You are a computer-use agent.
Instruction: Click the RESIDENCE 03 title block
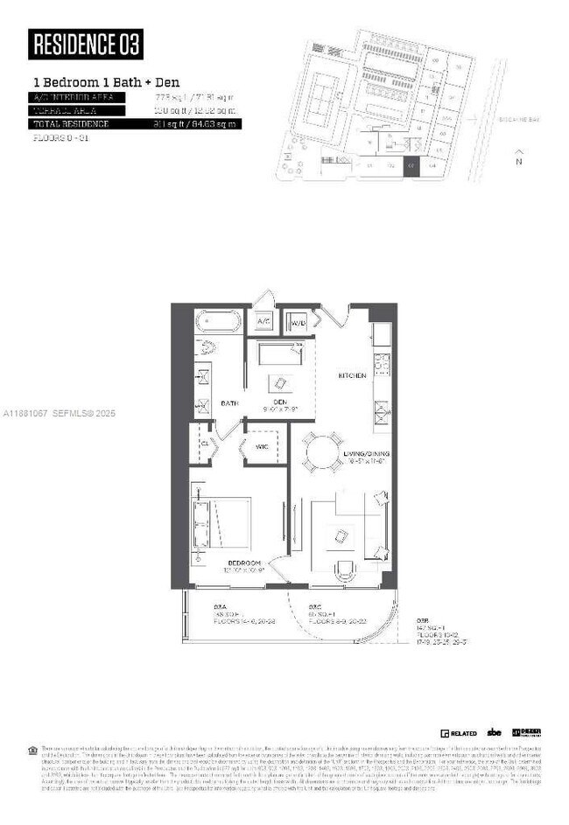(85, 44)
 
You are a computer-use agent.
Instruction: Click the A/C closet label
(263, 322)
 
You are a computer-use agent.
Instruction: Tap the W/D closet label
(298, 322)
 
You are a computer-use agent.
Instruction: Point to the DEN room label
(279, 402)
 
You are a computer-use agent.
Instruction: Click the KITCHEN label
(353, 375)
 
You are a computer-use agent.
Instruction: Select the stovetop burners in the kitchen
(382, 361)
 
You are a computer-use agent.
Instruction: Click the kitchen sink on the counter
(382, 409)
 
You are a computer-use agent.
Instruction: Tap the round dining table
(322, 451)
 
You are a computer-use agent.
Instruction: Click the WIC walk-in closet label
(263, 446)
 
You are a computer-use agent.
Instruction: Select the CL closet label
(203, 443)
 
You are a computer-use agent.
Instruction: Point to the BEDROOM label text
(242, 562)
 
